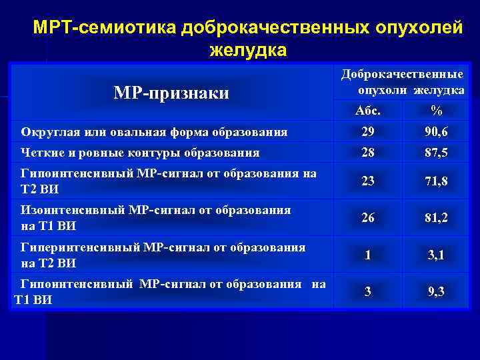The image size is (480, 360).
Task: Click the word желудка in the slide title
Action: (248, 49)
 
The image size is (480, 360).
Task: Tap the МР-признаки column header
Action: (172, 93)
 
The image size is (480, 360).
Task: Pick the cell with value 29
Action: (368, 132)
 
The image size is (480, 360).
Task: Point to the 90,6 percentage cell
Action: (437, 132)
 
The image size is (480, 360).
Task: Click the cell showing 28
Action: (368, 153)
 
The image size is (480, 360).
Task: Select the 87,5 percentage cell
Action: (437, 153)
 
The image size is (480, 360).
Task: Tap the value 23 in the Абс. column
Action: (368, 181)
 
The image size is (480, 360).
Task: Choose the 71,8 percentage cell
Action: (437, 181)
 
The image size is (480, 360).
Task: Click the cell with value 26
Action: (368, 218)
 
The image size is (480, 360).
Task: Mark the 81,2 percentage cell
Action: (437, 218)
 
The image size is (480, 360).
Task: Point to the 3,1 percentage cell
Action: (437, 255)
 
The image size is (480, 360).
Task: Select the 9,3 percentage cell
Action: (437, 291)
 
